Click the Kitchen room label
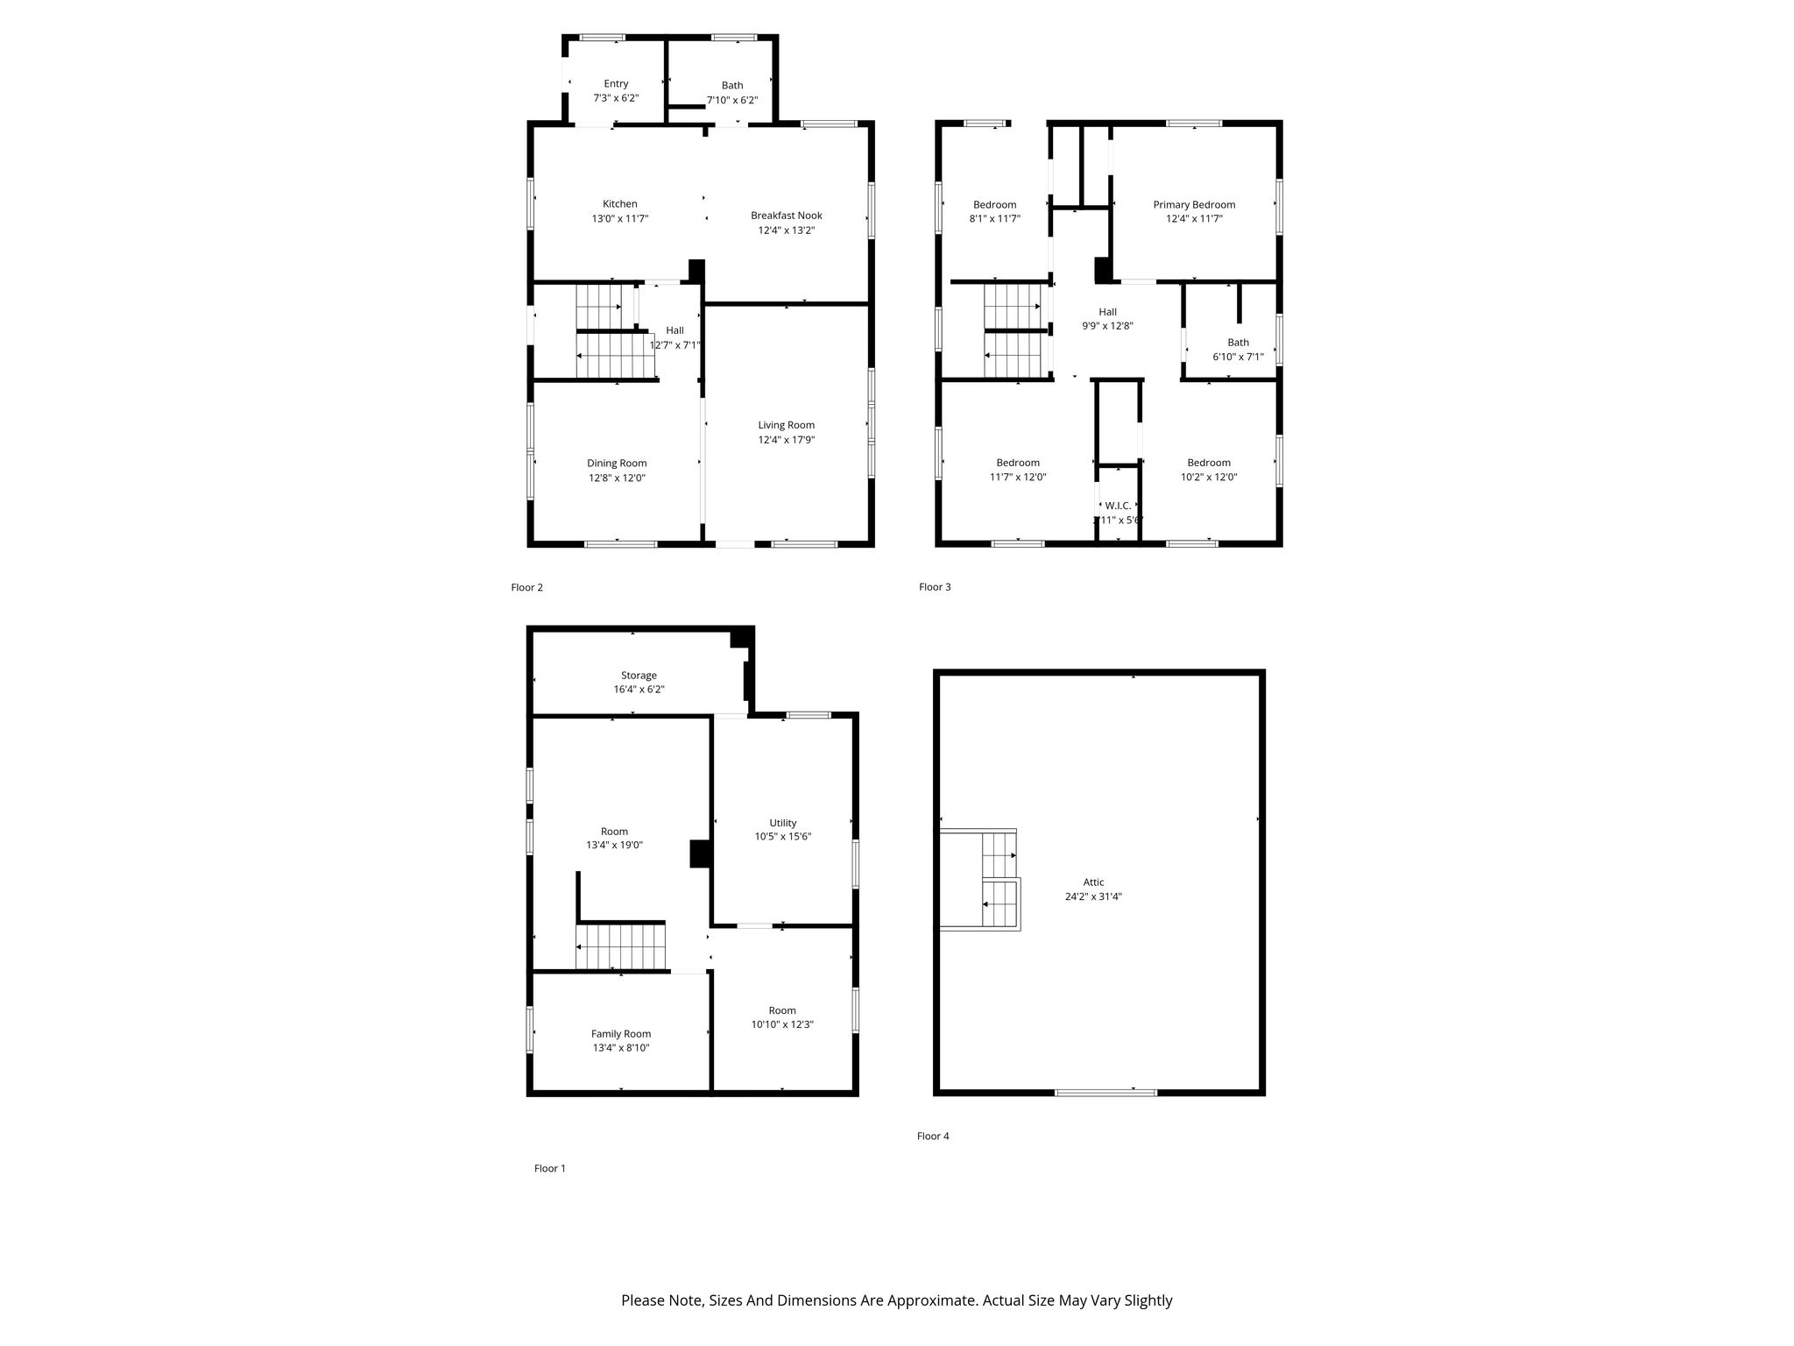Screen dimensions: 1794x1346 [619, 204]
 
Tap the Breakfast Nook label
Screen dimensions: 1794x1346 [786, 216]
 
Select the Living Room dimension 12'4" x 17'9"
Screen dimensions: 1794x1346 [787, 440]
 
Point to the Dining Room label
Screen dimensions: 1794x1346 [617, 464]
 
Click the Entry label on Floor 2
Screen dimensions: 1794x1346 [616, 84]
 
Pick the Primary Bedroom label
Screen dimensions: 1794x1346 [1194, 205]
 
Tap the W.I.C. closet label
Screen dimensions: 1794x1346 [1118, 506]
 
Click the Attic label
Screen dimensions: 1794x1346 [1093, 882]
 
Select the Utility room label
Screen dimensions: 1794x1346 [783, 823]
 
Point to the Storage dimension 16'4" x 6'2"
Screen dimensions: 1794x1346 [639, 690]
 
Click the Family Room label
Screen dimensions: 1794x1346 [621, 1034]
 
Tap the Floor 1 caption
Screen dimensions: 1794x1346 [550, 1168]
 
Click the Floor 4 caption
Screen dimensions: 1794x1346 [933, 1136]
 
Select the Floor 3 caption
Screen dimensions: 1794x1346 [935, 587]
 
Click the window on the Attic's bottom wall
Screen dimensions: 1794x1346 [1105, 1093]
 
